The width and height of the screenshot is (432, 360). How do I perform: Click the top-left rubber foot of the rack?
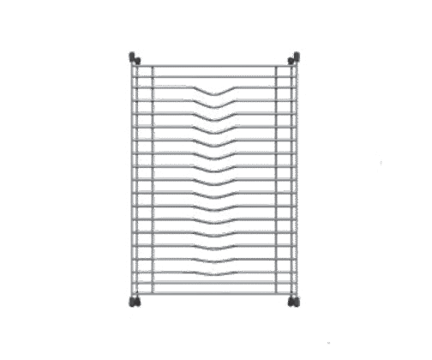click(135, 58)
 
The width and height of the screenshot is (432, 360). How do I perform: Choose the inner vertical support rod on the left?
click(153, 180)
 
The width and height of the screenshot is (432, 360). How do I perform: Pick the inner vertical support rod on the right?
click(277, 180)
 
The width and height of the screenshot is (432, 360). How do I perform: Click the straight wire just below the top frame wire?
click(214, 75)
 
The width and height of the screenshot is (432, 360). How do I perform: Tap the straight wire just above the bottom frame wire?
click(214, 284)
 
